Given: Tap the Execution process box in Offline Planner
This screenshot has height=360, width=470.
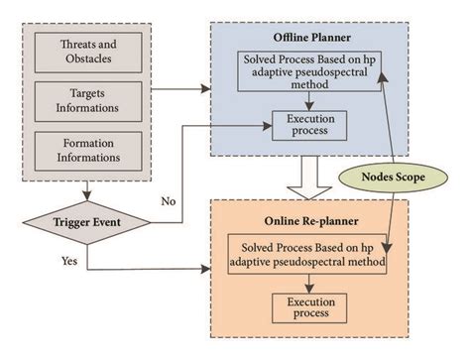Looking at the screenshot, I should [x=310, y=123].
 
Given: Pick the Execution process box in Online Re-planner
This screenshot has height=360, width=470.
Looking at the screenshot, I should [x=304, y=305].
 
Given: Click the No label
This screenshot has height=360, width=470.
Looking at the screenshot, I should [x=169, y=200].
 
